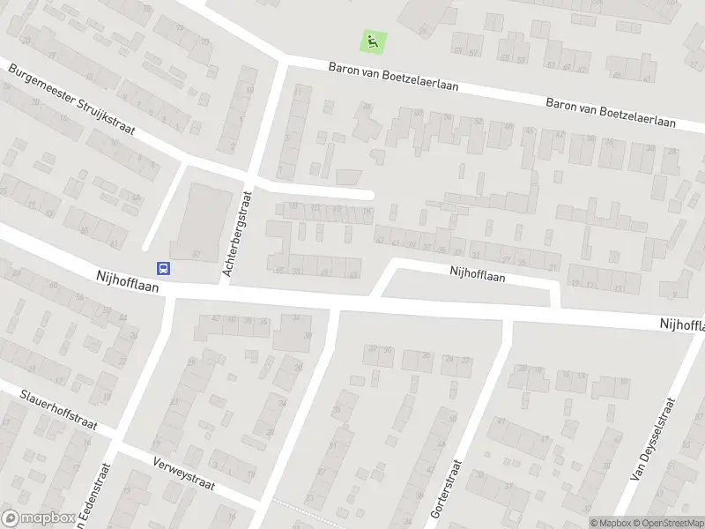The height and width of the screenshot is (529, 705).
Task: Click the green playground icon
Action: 374,40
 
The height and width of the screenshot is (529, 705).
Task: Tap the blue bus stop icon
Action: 164,268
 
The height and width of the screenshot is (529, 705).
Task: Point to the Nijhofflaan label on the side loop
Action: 477,275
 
